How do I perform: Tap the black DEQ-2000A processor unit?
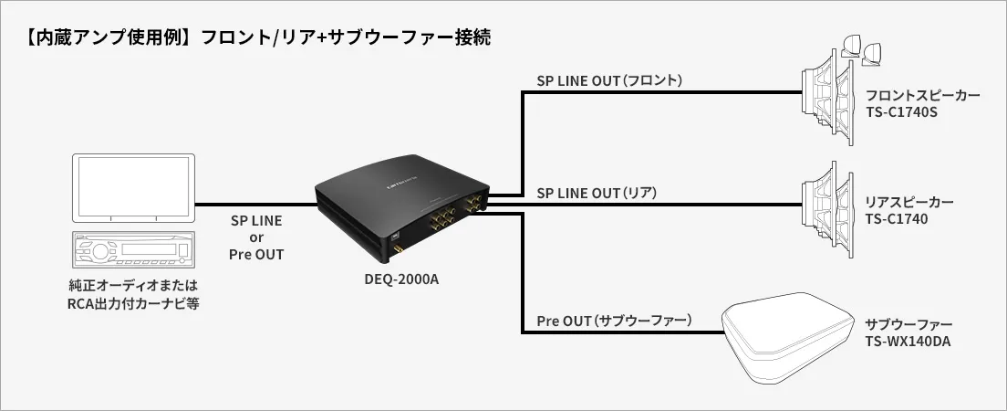coord(402,208)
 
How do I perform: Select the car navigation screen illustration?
coord(133,188)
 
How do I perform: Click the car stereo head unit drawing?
coord(133,250)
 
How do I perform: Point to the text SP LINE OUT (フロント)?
coord(609,81)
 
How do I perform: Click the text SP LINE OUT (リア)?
coord(597,193)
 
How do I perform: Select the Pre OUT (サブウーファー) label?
coord(615,321)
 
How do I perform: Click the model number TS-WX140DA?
coord(908,342)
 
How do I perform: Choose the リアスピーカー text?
coord(909,203)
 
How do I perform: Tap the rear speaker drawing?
coord(828,208)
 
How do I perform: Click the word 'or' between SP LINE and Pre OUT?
coord(256,237)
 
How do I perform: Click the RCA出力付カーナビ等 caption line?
coord(133,302)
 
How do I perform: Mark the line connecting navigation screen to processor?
coord(255,205)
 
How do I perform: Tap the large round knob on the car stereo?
coord(100,251)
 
